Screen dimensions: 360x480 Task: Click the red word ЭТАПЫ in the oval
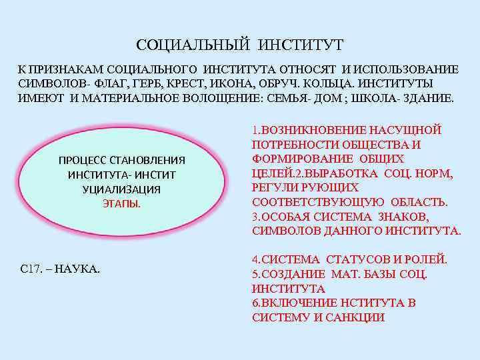(x=121, y=204)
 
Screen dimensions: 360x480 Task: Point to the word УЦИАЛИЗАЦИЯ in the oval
(x=121, y=189)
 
